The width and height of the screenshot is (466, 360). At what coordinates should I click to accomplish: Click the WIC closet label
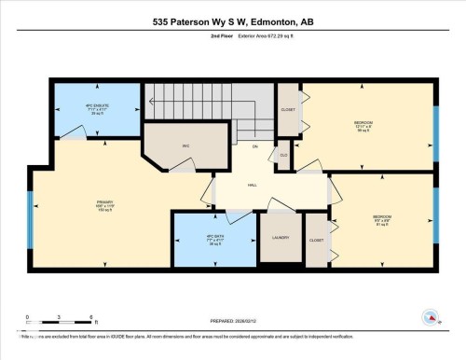pyautogui.click(x=186, y=145)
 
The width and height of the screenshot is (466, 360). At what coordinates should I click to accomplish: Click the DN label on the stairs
pyautogui.click(x=254, y=147)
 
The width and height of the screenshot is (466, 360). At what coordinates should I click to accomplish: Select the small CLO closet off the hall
pyautogui.click(x=283, y=155)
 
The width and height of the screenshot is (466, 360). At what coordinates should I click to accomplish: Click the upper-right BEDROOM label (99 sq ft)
pyautogui.click(x=363, y=125)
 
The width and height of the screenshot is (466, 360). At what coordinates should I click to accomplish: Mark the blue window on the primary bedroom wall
pyautogui.click(x=29, y=221)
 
